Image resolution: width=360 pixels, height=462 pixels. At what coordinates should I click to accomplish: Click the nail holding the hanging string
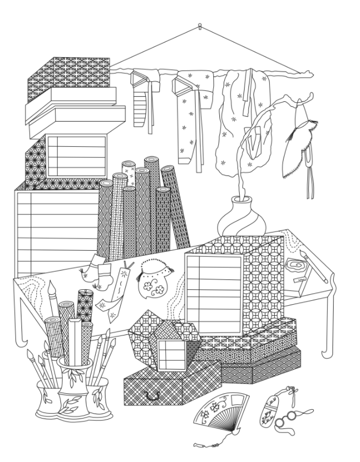[200, 25]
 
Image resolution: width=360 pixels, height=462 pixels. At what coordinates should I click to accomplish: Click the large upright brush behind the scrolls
[53, 308]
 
